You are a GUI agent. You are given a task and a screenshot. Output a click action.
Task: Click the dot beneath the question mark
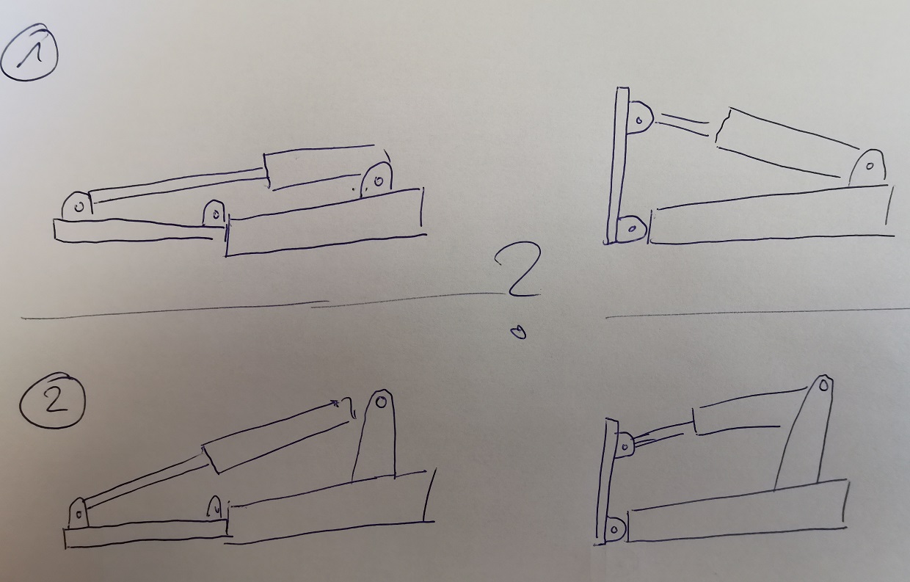click(x=518, y=332)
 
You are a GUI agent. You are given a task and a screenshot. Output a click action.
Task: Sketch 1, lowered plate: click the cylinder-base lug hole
click(x=379, y=181)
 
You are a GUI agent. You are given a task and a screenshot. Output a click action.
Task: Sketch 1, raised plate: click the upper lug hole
click(x=639, y=120)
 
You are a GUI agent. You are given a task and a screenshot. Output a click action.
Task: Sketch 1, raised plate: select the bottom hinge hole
click(x=632, y=229)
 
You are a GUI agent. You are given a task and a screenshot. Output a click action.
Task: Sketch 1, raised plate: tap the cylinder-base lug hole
click(x=870, y=166)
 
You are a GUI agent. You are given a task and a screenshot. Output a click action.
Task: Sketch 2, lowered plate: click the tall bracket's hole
click(x=381, y=402)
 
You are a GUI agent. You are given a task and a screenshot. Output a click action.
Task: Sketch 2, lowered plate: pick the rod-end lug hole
click(x=79, y=514)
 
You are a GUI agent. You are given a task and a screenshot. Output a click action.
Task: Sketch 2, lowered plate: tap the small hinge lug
click(x=214, y=508)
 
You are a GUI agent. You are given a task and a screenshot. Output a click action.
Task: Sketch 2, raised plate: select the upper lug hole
click(x=626, y=447)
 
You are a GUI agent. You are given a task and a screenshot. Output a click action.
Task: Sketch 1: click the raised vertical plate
click(x=617, y=166)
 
